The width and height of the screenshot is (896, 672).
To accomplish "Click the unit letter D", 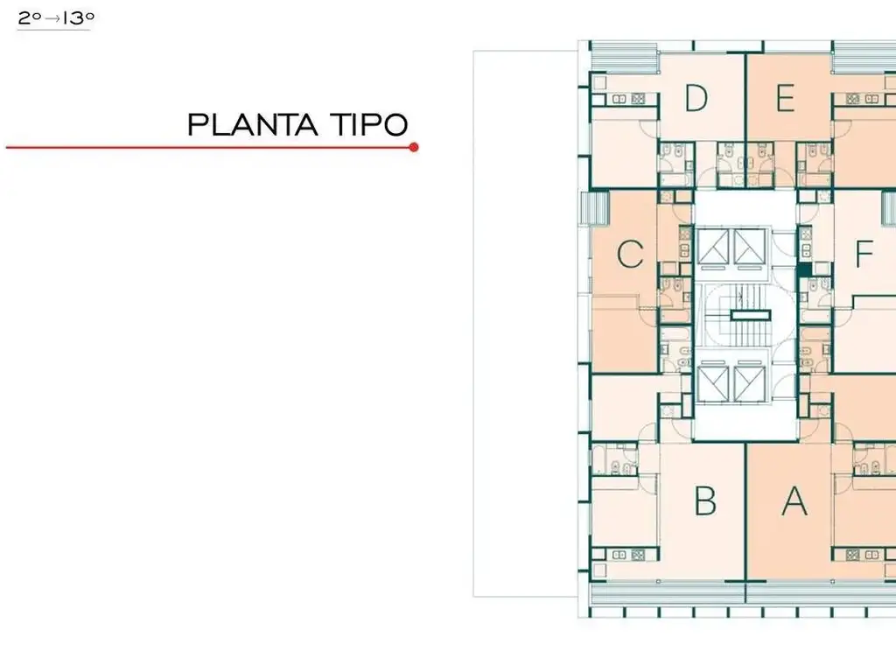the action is (696, 98).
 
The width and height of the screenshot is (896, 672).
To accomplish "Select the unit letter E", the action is (786, 98).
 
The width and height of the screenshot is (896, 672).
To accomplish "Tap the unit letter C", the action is (630, 254).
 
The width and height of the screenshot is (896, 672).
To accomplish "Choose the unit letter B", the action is (705, 500).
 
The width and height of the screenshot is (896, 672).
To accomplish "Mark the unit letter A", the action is (794, 501).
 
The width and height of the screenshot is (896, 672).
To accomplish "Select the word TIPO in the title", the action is (369, 124).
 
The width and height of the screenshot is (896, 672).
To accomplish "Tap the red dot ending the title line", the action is (414, 147).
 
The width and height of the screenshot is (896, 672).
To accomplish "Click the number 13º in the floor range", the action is (78, 18).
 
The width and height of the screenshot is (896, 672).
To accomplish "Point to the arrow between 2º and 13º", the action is (52, 19).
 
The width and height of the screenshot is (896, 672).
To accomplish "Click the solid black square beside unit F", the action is (805, 269).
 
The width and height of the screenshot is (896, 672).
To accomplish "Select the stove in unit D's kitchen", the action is (638, 99).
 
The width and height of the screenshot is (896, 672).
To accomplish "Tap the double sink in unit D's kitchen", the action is (619, 99).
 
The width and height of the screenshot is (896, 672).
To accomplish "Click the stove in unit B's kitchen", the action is (638, 554).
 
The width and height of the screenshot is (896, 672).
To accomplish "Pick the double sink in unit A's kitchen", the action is (871, 554).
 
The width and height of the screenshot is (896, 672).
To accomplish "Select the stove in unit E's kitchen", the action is (853, 99).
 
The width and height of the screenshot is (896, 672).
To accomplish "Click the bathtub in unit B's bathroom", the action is (598, 459).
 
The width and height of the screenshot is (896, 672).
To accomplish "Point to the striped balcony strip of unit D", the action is (624, 57).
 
